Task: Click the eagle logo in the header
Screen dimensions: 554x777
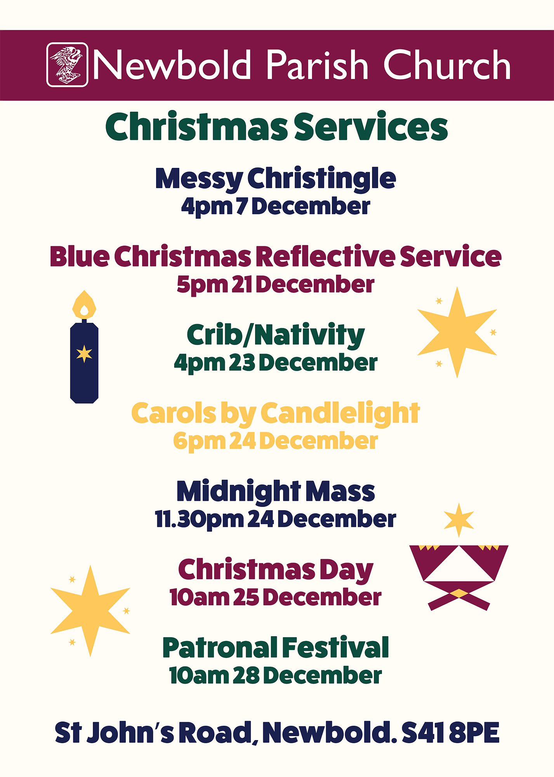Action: (x=67, y=64)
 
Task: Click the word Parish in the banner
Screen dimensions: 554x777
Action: (x=317, y=65)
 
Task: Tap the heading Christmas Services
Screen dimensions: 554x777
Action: (x=277, y=127)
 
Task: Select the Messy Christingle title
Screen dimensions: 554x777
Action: (x=276, y=179)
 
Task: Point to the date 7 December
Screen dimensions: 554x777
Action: (x=303, y=206)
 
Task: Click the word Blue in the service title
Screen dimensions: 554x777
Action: (x=80, y=256)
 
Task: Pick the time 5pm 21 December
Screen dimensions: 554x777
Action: (x=276, y=285)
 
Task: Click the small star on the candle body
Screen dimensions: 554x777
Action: (x=84, y=354)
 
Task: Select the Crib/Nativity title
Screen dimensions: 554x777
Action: (x=276, y=335)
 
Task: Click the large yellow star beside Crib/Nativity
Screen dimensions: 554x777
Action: (x=457, y=332)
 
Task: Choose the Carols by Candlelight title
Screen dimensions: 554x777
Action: (x=276, y=413)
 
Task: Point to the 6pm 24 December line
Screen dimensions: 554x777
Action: (x=276, y=441)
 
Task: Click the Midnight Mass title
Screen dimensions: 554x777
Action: (x=276, y=491)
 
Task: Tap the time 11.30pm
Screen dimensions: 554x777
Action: (x=200, y=519)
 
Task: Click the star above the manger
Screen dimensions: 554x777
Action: (x=459, y=520)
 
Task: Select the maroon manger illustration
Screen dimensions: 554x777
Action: (x=459, y=578)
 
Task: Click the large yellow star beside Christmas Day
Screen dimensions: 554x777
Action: (x=90, y=611)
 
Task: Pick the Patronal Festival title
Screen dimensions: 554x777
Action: (x=276, y=648)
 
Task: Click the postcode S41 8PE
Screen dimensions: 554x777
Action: (x=450, y=733)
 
